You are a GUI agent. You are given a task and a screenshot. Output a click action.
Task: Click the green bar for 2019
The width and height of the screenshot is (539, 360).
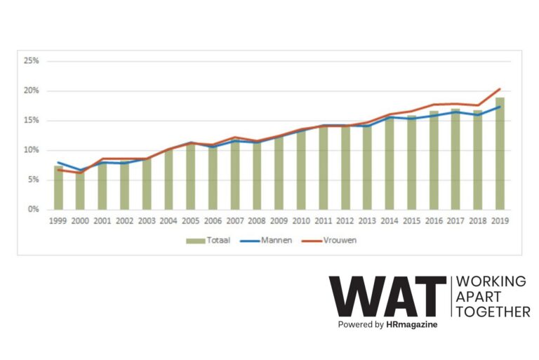click(x=500, y=154)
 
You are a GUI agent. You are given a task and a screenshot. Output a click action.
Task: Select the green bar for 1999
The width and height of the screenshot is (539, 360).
click(x=58, y=188)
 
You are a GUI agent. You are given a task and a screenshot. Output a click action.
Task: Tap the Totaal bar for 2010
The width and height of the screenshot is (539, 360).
click(x=301, y=171)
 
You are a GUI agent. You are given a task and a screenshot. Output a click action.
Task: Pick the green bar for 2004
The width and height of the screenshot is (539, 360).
click(x=168, y=180)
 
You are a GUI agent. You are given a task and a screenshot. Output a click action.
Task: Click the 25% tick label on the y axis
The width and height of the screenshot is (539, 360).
click(x=32, y=61)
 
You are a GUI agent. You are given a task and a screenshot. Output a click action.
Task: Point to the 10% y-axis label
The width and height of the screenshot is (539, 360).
click(x=32, y=150)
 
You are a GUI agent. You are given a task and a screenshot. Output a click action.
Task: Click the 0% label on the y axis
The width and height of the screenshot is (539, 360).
click(x=34, y=209)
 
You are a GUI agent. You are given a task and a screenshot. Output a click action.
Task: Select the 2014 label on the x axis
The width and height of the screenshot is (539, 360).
click(x=390, y=221)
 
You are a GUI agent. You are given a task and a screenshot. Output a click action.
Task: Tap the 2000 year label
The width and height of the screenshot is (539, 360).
click(x=80, y=221)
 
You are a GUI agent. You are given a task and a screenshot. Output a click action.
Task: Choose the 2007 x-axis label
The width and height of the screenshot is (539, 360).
click(x=235, y=221)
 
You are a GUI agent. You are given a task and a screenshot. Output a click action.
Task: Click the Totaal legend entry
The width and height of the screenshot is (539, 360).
click(x=208, y=240)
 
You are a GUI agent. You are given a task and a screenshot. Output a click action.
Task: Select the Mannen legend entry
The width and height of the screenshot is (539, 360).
click(x=266, y=240)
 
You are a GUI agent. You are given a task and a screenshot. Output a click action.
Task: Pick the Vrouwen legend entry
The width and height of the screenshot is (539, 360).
click(x=329, y=240)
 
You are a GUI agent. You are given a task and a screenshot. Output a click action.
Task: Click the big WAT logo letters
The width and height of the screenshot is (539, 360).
click(x=387, y=296)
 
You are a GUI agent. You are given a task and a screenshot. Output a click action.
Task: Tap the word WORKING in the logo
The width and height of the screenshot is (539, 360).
click(x=491, y=281)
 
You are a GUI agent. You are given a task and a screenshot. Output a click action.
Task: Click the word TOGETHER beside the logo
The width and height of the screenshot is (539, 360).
click(x=493, y=312)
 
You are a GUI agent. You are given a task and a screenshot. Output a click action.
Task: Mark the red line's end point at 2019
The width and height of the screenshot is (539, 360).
click(x=500, y=88)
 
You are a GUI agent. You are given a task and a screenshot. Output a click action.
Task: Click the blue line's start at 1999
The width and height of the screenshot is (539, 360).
click(x=58, y=162)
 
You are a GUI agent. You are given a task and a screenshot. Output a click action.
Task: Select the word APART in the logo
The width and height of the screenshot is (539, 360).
click(x=478, y=297)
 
